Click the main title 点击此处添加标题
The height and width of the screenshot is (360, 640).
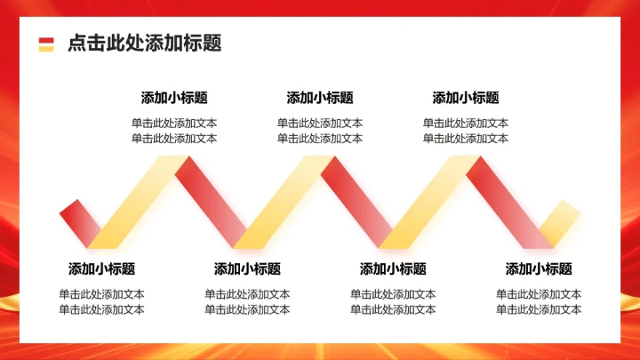coord(144,43)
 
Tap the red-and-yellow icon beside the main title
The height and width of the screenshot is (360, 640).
coord(46,44)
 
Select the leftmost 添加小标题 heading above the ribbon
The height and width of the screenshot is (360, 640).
coord(174,98)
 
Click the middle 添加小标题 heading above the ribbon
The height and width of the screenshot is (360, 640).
coord(320,98)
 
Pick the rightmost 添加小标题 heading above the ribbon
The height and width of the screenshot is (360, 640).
coord(466,98)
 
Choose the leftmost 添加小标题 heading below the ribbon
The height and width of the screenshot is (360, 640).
coord(101,268)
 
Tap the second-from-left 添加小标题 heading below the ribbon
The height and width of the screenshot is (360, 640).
coord(247,268)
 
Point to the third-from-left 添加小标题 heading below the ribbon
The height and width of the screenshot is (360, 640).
coord(393,268)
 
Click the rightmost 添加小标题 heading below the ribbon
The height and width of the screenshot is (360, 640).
coord(539,268)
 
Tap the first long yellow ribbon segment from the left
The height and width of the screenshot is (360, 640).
coord(138,202)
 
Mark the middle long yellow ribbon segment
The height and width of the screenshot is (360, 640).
coord(284,202)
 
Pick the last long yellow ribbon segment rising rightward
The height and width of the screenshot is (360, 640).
coord(429,202)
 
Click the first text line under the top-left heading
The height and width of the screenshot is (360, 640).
coord(174,124)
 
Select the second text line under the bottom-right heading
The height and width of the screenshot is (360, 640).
coord(539,309)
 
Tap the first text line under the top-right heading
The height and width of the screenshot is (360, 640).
coord(466,124)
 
